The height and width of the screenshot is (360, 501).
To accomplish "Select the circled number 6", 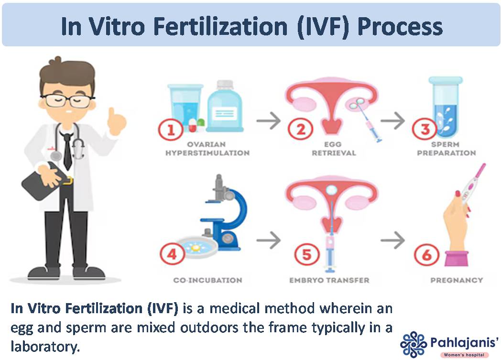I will [425, 255].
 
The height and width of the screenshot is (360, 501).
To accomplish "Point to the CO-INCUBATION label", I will [207, 280].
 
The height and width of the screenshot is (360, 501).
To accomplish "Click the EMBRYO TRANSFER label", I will [329, 280].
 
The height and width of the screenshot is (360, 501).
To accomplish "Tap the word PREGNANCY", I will [457, 280].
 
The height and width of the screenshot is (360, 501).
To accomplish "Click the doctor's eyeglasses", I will [67, 100].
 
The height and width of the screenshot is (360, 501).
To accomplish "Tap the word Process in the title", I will [400, 26].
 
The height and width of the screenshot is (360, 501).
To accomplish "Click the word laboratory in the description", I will [45, 346].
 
